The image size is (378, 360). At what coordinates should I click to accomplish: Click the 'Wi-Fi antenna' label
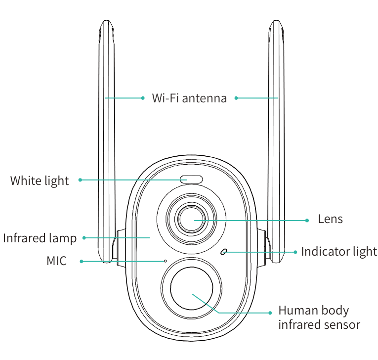pyautogui.click(x=189, y=98)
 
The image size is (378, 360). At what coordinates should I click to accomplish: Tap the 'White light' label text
pyautogui.click(x=40, y=180)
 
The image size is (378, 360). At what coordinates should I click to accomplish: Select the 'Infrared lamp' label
pyautogui.click(x=40, y=238)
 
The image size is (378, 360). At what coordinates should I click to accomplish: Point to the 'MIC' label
pyautogui.click(x=56, y=261)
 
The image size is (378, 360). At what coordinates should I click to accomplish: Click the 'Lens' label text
pyautogui.click(x=330, y=219)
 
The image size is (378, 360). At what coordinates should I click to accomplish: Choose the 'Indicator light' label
pyautogui.click(x=339, y=251)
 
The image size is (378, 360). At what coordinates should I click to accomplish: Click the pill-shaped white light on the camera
pyautogui.click(x=191, y=179)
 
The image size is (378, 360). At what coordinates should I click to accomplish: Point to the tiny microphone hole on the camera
pyautogui.click(x=166, y=261)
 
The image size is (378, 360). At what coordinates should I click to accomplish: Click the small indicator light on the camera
pyautogui.click(x=224, y=252)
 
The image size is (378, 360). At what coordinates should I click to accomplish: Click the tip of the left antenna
pyautogui.click(x=105, y=23)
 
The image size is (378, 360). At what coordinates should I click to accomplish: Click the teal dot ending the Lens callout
pyautogui.click(x=307, y=220)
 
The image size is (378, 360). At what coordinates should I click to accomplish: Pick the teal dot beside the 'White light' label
pyautogui.click(x=80, y=180)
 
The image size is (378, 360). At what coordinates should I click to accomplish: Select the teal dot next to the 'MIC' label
pyautogui.click(x=82, y=261)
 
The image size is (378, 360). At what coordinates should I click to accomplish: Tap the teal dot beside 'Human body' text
pyautogui.click(x=270, y=313)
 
